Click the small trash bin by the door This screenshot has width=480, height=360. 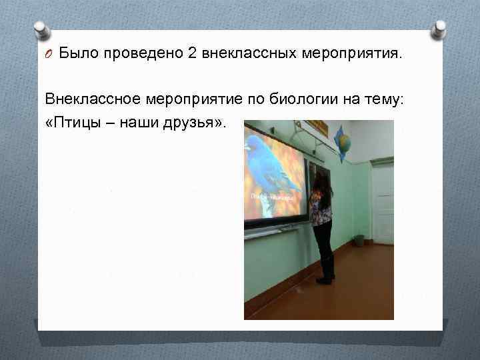point(359,239)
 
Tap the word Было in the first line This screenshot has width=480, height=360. point(77,53)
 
